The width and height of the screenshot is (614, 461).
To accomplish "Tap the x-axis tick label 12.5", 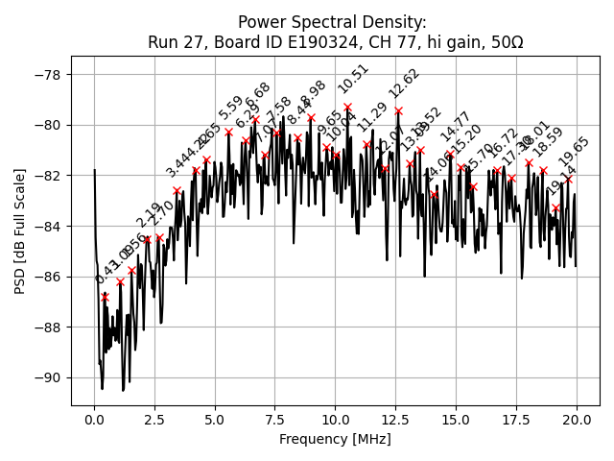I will coord(395,420).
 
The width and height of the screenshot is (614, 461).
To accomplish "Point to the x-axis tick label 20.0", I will coord(577,420).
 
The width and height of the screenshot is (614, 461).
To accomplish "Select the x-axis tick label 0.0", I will coord(94,420).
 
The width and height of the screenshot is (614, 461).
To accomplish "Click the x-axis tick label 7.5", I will coord(274,420).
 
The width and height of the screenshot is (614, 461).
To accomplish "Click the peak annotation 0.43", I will coord(104,273).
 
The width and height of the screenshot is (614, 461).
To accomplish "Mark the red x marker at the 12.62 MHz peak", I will coord(398,111).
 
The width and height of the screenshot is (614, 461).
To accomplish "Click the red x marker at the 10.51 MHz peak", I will coord(347,108).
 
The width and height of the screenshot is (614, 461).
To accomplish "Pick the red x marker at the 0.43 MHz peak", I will coord(105,297).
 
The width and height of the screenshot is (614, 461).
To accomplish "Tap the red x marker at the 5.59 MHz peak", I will coord(229,133).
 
